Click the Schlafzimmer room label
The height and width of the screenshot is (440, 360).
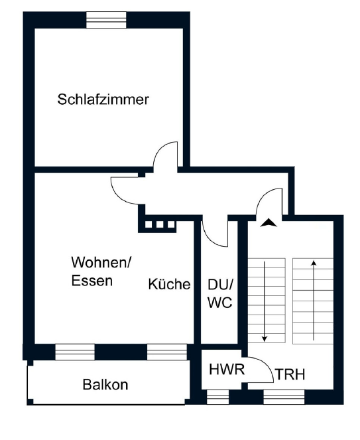103,100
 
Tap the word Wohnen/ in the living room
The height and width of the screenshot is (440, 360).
101,262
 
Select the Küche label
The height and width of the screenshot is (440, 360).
169,284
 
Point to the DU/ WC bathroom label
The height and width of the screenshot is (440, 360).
220,293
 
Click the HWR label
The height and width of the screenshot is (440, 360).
227,369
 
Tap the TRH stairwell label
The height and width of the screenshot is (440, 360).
290,374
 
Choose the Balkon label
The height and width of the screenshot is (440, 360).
105,384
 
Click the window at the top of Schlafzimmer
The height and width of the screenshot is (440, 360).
106,20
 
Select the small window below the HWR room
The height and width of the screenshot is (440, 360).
217,397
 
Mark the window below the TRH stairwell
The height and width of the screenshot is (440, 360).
284,397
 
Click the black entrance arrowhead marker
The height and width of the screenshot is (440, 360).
269,222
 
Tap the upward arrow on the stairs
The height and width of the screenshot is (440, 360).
314,301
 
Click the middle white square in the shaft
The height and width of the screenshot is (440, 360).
160,224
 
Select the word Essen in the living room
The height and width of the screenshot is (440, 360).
92,281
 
